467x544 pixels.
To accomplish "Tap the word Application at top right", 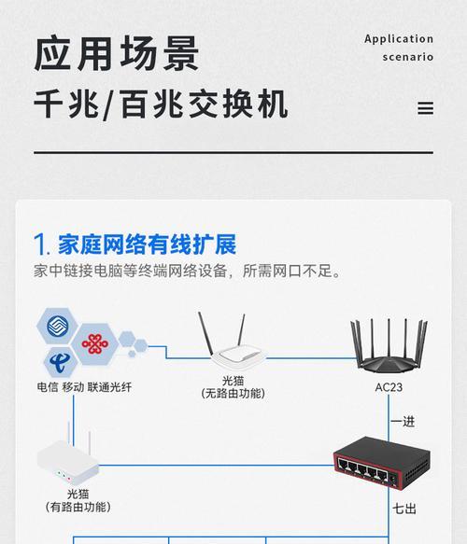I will coord(399,39).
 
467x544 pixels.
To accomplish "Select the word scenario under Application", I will coord(408,57).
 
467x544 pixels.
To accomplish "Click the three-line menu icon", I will coord(425,108).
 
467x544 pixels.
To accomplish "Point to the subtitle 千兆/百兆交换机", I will coord(161,105).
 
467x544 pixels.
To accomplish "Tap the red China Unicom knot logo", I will coord(95,344).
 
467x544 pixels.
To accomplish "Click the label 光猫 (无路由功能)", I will coord(233,387).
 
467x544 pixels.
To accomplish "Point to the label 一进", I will coord(403,422).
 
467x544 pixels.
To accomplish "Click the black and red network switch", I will coord(374,463).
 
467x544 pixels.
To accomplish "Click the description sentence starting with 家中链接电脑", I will coord(187,272).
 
